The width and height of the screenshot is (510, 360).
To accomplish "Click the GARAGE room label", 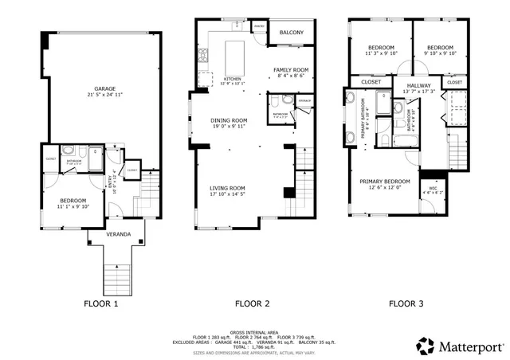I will coord(105,88).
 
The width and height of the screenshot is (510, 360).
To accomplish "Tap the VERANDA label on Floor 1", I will coord(119,235).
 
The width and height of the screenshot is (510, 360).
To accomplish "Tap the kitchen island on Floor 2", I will coord(235,58).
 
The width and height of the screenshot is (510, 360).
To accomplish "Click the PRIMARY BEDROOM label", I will coord(385,181).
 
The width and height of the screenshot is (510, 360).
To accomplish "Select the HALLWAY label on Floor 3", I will coord(418,85).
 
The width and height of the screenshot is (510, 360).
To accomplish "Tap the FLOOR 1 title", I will coord(103,303).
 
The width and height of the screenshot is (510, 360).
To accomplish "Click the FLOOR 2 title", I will coord(252,303).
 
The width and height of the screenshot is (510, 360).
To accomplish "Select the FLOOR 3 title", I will coord(406,303).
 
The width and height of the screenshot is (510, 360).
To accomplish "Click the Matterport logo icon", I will coord(424,346).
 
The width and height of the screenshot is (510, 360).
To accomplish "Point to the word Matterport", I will coord(470,346).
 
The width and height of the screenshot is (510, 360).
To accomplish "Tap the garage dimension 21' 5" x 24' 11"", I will coord(105,95).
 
